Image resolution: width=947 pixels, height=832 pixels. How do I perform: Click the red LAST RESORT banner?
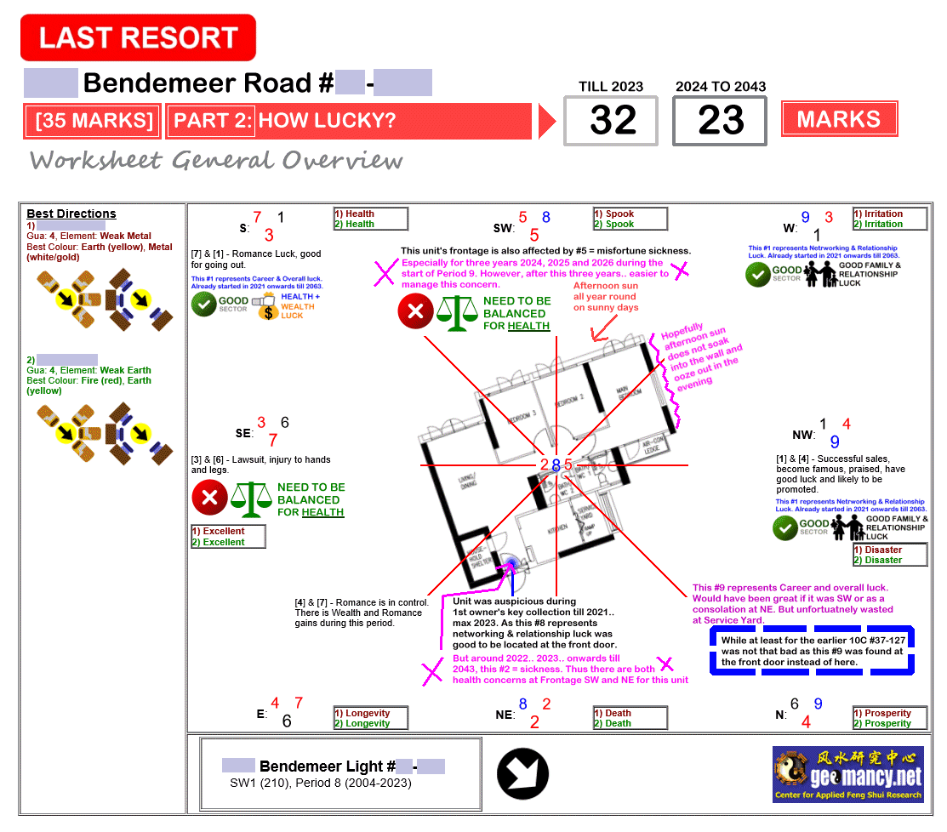pyautogui.click(x=138, y=37)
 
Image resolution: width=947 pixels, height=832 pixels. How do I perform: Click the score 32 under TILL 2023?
pyautogui.click(x=613, y=121)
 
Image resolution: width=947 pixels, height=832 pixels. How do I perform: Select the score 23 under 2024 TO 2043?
pyautogui.click(x=720, y=121)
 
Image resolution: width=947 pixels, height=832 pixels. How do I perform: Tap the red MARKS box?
pyautogui.click(x=838, y=119)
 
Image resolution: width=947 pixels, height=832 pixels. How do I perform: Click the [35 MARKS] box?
pyautogui.click(x=93, y=121)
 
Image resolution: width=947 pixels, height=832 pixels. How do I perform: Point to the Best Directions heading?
pyautogui.click(x=71, y=214)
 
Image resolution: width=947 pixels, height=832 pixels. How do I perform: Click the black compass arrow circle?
pyautogui.click(x=522, y=774)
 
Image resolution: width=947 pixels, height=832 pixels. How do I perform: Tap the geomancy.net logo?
pyautogui.click(x=847, y=773)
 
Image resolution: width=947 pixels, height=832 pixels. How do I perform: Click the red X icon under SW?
pyautogui.click(x=415, y=311)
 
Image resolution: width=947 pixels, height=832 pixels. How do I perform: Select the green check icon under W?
pyautogui.click(x=758, y=275)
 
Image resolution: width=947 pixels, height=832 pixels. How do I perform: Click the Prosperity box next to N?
pyautogui.click(x=890, y=718)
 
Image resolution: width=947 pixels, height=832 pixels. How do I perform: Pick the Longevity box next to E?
pyautogui.click(x=370, y=718)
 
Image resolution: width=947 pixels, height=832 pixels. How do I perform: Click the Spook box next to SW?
pyautogui.click(x=630, y=219)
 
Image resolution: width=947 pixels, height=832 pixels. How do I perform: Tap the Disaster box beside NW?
pyautogui.click(x=890, y=555)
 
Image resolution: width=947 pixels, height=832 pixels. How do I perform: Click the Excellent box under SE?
pyautogui.click(x=228, y=537)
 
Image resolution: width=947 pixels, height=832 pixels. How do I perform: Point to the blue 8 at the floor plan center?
pyautogui.click(x=556, y=465)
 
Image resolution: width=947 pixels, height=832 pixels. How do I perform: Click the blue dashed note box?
pyautogui.click(x=812, y=651)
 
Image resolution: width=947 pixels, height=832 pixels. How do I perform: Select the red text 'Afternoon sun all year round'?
pyautogui.click(x=605, y=297)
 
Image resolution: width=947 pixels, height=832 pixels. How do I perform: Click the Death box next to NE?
pyautogui.click(x=630, y=718)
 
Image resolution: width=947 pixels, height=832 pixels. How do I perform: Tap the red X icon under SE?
pyautogui.click(x=209, y=498)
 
